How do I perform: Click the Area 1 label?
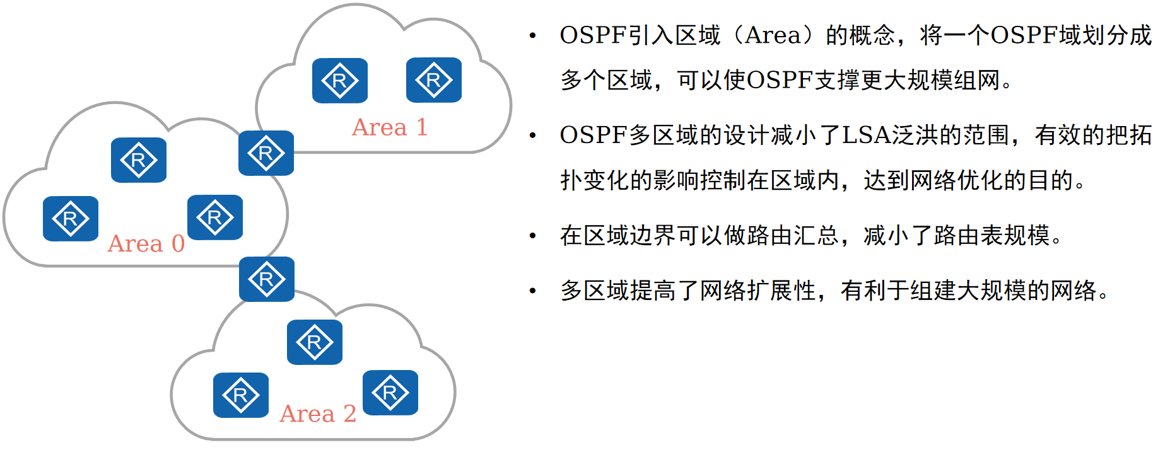(x=390, y=127)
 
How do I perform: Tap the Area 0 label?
(x=146, y=243)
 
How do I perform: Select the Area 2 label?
(x=318, y=414)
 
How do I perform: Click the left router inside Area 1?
(x=339, y=81)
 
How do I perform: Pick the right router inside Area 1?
(x=433, y=80)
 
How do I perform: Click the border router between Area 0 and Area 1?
(x=266, y=153)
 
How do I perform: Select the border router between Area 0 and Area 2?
(x=266, y=279)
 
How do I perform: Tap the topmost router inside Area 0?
(x=139, y=160)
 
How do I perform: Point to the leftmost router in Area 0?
(x=70, y=219)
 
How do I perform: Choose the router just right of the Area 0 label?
(x=214, y=217)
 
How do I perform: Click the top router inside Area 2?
(x=314, y=342)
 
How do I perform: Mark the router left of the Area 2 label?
(x=240, y=395)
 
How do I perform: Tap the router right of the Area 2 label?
(x=390, y=393)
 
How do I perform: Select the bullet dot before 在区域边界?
(x=533, y=236)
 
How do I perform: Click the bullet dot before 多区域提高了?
(x=533, y=291)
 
